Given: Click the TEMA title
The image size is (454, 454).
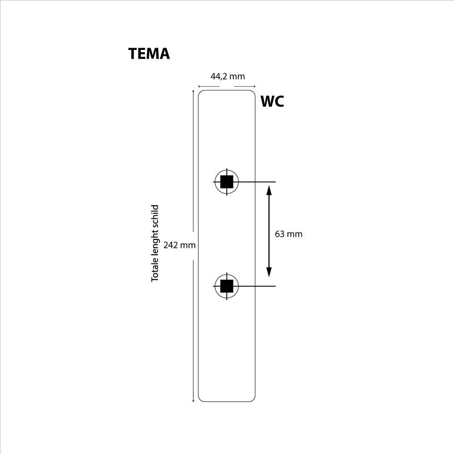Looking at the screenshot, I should pos(149,54).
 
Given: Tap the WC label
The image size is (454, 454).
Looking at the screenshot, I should pos(272,102).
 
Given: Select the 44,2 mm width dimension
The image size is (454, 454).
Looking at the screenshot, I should pos(227,76).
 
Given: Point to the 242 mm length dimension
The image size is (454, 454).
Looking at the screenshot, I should pos(179,245).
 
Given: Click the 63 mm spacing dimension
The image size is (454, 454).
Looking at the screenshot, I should pos(288,234).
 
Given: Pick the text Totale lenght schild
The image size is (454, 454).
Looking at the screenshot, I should pos(155,243).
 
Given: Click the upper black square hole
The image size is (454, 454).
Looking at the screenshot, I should pos(227,182).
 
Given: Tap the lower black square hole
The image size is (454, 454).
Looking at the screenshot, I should pos(227,286).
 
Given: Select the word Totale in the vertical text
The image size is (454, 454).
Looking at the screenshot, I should pos(155,271).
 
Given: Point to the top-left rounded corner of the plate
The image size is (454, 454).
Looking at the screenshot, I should pos(201,93).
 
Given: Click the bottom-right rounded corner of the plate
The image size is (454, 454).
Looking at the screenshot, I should pos(253,399).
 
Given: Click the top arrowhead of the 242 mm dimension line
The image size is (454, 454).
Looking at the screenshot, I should pos(194,92).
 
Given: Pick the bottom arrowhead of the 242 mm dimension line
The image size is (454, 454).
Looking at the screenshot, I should pos(194,400).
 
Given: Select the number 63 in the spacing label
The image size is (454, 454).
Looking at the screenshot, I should pos(280,234).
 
